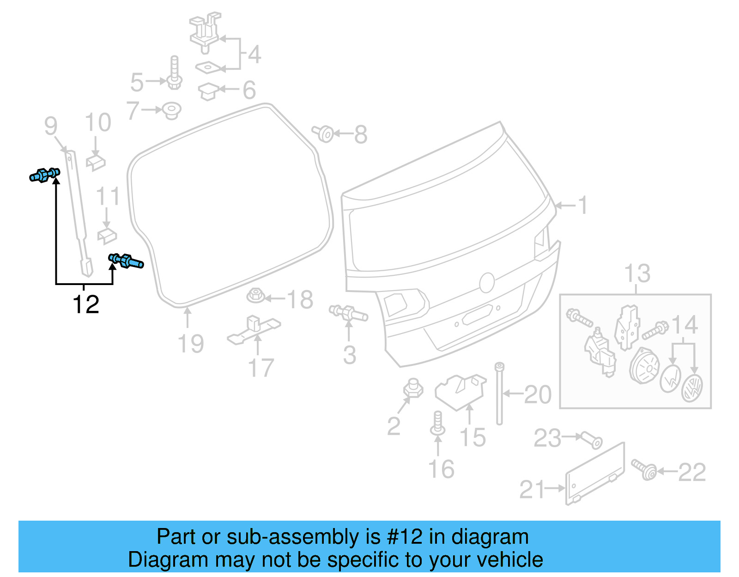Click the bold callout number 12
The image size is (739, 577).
(86, 305)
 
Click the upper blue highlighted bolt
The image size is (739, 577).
(44, 175)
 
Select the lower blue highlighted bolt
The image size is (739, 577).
(126, 261)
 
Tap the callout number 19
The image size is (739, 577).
(191, 344)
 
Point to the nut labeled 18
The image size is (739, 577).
(255, 295)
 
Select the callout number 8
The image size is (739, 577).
(361, 134)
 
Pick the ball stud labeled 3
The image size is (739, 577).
(348, 313)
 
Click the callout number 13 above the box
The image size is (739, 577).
(637, 273)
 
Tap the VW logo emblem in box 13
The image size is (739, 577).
(692, 388)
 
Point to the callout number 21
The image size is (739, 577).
(532, 490)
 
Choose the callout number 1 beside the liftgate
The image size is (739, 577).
(583, 205)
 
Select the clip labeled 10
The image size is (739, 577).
(96, 162)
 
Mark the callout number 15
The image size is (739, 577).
(472, 437)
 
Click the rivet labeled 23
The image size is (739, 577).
(592, 440)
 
